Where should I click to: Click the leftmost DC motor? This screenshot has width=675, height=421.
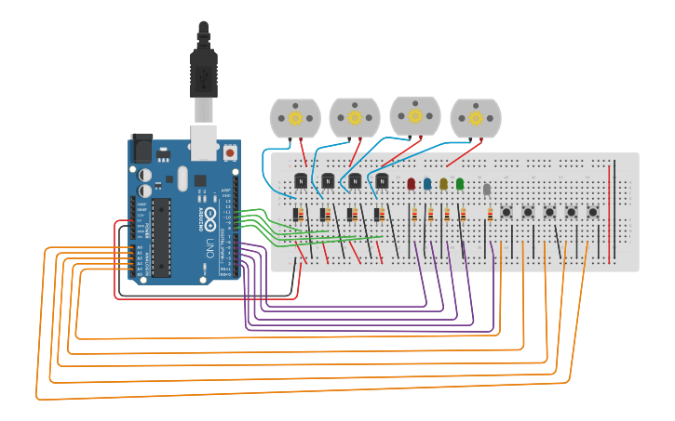(x=295, y=118)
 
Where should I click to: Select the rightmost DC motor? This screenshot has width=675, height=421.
(x=476, y=118)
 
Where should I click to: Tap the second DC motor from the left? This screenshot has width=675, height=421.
(x=355, y=117)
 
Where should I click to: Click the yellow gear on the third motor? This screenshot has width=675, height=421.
(x=415, y=116)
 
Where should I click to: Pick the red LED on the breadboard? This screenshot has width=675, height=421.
(x=412, y=184)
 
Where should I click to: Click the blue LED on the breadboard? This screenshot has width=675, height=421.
(x=427, y=184)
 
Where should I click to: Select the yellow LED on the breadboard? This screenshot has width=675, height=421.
(x=444, y=184)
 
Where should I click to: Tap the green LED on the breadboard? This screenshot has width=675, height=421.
(x=460, y=184)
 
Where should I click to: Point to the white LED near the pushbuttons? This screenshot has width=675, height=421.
(x=487, y=190)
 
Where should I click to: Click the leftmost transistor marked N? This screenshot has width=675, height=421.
(x=301, y=180)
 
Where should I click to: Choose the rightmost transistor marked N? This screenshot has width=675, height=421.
(x=382, y=180)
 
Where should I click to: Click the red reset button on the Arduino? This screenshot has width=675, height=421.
(x=230, y=151)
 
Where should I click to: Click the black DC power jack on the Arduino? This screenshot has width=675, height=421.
(x=142, y=149)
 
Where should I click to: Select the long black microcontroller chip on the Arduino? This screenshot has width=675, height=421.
(x=162, y=237)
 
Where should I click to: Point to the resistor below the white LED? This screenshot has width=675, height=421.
(x=490, y=216)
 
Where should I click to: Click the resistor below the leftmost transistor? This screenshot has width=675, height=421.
(x=297, y=215)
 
